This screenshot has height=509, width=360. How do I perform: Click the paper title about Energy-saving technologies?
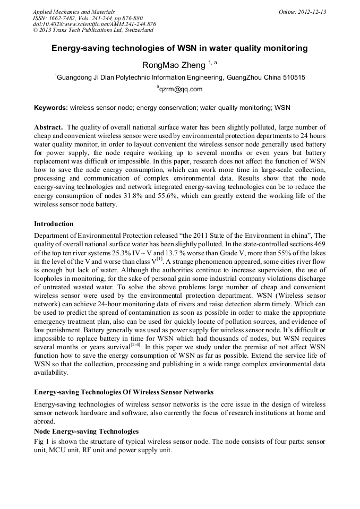tap(179, 48)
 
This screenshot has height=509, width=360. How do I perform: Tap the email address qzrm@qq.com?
tap(181, 90)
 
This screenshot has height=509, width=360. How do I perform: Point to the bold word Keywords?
tap(50, 108)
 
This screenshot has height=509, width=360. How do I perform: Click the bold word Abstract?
tap(49, 128)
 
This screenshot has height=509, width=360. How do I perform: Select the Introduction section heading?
tap(54, 224)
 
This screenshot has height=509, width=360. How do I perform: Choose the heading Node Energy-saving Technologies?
tap(86, 432)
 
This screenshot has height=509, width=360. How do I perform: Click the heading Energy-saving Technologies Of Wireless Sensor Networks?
tap(124, 392)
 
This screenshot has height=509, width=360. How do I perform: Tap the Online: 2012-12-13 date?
tap(302, 12)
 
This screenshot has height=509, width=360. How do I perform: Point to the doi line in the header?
tap(94, 24)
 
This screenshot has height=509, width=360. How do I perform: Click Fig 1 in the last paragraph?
tap(41, 442)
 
